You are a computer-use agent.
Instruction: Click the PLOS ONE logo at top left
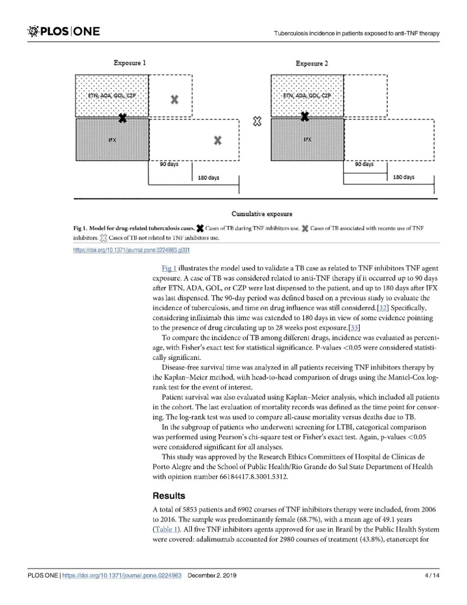pyautogui.click(x=64, y=31)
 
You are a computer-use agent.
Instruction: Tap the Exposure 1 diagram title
pyautogui.click(x=130, y=63)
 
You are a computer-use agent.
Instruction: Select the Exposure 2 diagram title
pyautogui.click(x=312, y=63)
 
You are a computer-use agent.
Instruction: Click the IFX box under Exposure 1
pyautogui.click(x=112, y=139)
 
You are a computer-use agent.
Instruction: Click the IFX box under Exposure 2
pyautogui.click(x=307, y=139)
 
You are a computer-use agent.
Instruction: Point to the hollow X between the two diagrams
pyautogui.click(x=257, y=121)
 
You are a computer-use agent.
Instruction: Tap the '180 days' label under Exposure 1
pyautogui.click(x=208, y=178)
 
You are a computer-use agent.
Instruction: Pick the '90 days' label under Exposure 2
pyautogui.click(x=364, y=164)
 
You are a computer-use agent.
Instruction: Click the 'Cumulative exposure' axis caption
pyautogui.click(x=262, y=214)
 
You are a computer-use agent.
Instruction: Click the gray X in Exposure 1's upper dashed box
pyautogui.click(x=174, y=100)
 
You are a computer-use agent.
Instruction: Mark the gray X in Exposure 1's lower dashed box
pyautogui.click(x=218, y=140)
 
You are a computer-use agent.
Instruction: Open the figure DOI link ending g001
pyautogui.click(x=131, y=250)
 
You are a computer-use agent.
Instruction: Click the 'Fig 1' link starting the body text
pyautogui.click(x=169, y=269)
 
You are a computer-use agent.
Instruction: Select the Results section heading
pyautogui.click(x=169, y=496)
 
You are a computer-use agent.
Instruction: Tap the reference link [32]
pyautogui.click(x=383, y=308)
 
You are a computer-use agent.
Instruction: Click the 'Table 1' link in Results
pyautogui.click(x=166, y=529)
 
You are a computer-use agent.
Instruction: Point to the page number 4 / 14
pyautogui.click(x=432, y=576)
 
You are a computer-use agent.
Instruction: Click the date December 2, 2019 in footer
pyautogui.click(x=212, y=576)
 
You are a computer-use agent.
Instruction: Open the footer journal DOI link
pyautogui.click(x=122, y=576)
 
